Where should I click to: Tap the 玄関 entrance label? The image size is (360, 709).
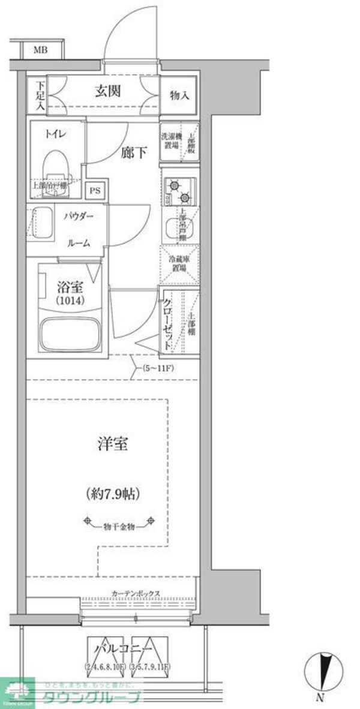108,91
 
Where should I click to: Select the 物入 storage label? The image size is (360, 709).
179,96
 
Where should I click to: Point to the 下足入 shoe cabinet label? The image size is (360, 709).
39,95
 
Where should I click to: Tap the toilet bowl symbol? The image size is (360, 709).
57,167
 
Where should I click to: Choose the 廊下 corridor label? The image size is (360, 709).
134,153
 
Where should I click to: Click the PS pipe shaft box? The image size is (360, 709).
95,191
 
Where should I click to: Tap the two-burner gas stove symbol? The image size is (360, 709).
178,189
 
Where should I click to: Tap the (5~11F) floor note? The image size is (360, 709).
158,368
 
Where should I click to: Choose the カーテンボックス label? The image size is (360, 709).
136,593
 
